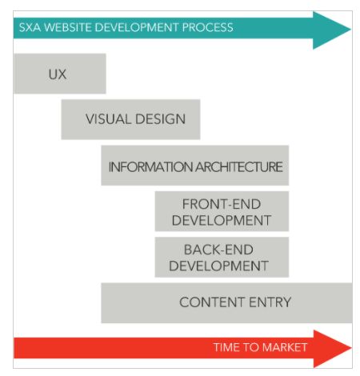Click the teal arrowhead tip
click(351, 30)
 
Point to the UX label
click(58, 74)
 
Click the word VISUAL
click(108, 119)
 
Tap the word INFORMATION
click(150, 167)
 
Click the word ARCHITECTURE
click(239, 167)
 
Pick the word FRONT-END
click(222, 204)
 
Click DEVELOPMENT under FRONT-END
click(222, 221)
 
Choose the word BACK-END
click(218, 250)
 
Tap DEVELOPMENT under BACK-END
click(218, 266)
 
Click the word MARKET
click(285, 347)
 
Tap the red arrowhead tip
click(351, 348)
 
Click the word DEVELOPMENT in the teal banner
click(137, 27)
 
